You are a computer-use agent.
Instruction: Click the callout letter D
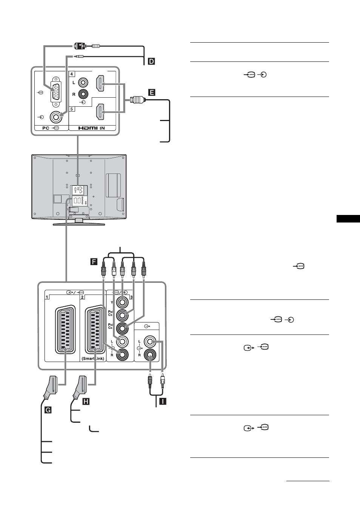click(x=151, y=61)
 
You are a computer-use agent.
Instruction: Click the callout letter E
click(x=152, y=92)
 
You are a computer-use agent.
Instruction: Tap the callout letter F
click(x=94, y=261)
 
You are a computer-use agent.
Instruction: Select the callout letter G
click(x=48, y=410)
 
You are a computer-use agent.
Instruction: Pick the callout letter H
click(x=86, y=401)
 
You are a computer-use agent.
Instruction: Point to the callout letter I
click(x=163, y=401)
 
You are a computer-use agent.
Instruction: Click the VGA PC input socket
click(x=55, y=92)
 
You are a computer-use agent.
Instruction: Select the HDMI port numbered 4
click(x=100, y=83)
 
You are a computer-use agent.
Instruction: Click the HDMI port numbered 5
click(x=100, y=112)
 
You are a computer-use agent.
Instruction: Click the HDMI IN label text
click(x=92, y=128)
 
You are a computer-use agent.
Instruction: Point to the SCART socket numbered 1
click(x=65, y=329)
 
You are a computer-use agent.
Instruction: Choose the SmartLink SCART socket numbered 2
click(x=95, y=329)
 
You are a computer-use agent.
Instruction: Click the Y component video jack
click(x=122, y=302)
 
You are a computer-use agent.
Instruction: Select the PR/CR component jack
click(x=122, y=328)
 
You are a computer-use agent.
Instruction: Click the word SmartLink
click(x=93, y=358)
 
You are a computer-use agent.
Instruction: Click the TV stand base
click(x=79, y=224)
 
